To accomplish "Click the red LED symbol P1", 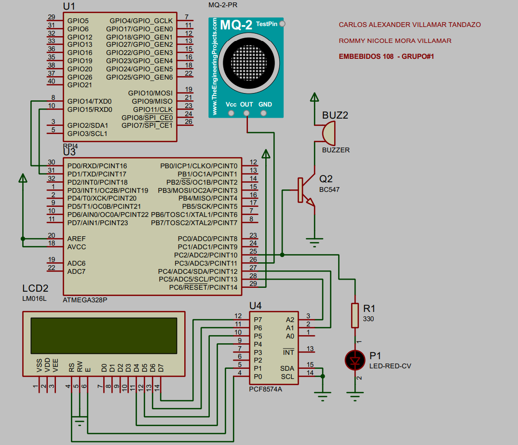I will point(355,360).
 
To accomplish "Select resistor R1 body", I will point(355,315).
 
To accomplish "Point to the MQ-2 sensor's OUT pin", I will point(247,113).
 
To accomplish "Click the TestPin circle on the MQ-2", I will point(282,24).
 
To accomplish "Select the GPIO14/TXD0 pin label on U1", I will point(89,101).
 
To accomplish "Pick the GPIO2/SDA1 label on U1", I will point(87,125).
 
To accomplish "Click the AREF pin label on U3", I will point(76,239).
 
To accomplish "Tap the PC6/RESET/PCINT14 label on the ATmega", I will point(203,287).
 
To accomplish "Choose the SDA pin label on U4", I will point(287,368).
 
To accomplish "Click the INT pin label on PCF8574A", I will point(288,352).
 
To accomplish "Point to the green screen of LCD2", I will point(103,336).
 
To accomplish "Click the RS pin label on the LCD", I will point(71,367).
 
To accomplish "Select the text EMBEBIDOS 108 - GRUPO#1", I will point(387,56).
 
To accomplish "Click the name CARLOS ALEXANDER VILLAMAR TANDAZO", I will point(409,25).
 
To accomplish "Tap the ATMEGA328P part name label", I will point(85,299).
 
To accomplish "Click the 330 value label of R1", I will point(368,319).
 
